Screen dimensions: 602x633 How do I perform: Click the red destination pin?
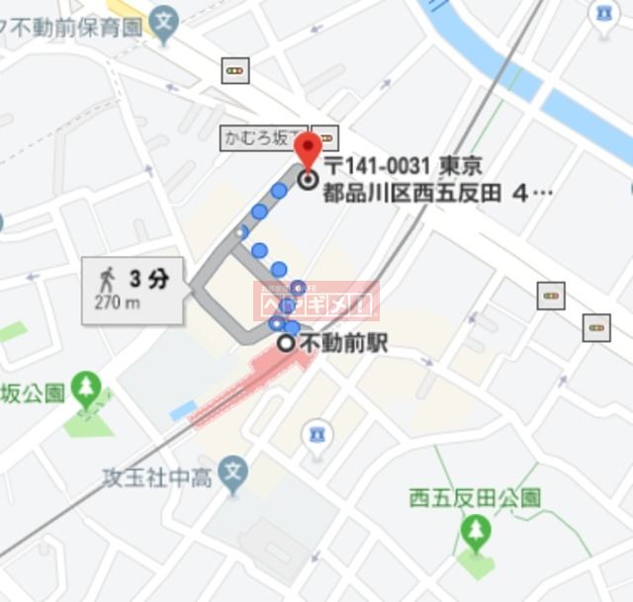tap(308, 151)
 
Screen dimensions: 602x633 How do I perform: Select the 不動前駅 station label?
tap(342, 344)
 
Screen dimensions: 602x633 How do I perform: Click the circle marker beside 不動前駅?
tap(286, 344)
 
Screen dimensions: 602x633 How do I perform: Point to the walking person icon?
tap(106, 278)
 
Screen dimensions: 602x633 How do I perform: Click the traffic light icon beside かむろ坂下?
tap(327, 137)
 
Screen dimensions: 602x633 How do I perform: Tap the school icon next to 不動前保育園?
tap(166, 17)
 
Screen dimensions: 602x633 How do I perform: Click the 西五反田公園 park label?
tap(475, 498)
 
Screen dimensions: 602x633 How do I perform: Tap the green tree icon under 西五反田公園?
tap(476, 533)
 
